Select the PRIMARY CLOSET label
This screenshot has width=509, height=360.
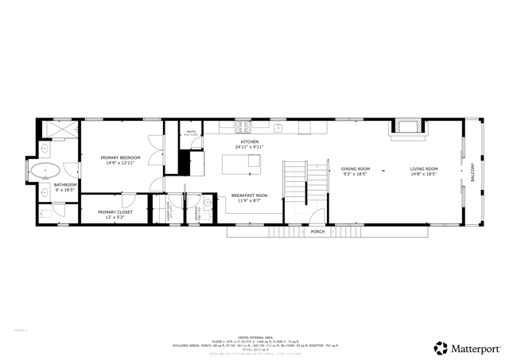click(x=115, y=212)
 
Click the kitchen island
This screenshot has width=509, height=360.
click(x=242, y=163)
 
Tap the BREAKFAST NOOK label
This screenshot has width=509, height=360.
click(x=249, y=195)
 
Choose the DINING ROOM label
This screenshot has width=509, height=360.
click(x=356, y=168)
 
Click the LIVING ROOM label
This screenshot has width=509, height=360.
click(x=424, y=168)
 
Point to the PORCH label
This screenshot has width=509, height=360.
click(x=317, y=232)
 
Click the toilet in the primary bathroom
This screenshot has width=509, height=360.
click(x=45, y=213)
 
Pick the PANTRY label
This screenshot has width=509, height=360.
click(x=191, y=132)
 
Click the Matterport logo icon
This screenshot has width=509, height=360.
click(x=440, y=347)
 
